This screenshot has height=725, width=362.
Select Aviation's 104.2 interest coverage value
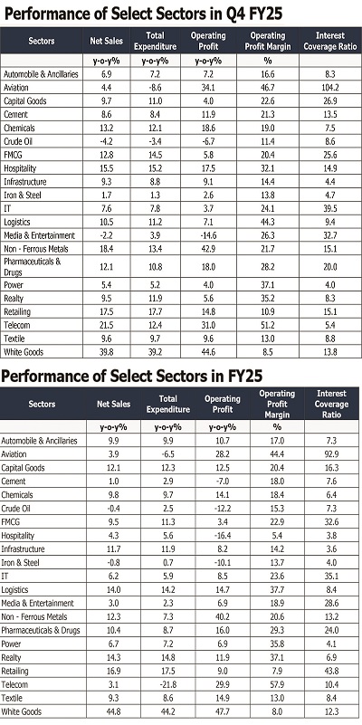(x=330, y=88)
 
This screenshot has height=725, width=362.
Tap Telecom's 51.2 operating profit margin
(x=267, y=325)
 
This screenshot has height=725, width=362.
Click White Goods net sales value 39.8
(x=106, y=352)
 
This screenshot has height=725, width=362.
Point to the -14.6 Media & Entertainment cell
(x=208, y=235)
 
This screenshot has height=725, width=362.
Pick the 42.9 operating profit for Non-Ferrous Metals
(x=208, y=249)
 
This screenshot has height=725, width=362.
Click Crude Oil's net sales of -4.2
(x=106, y=141)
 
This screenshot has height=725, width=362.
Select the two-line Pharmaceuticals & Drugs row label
(x=33, y=267)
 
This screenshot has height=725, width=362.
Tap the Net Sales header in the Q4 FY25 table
(x=106, y=41)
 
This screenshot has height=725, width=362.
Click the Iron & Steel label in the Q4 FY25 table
(x=23, y=196)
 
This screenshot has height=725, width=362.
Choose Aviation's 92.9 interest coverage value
(x=331, y=454)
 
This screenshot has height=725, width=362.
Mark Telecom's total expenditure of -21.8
(x=167, y=685)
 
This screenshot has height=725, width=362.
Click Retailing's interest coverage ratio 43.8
(x=331, y=672)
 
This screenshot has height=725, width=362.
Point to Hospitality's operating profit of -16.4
(x=222, y=536)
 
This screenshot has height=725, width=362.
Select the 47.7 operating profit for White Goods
(x=222, y=711)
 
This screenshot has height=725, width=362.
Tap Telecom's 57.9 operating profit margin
(x=277, y=685)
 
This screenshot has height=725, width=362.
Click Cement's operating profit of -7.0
(x=222, y=482)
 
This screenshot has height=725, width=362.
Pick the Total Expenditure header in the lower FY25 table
(x=167, y=404)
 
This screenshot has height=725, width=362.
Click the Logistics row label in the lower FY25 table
(x=14, y=590)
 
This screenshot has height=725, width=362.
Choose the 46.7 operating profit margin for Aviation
(x=267, y=88)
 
